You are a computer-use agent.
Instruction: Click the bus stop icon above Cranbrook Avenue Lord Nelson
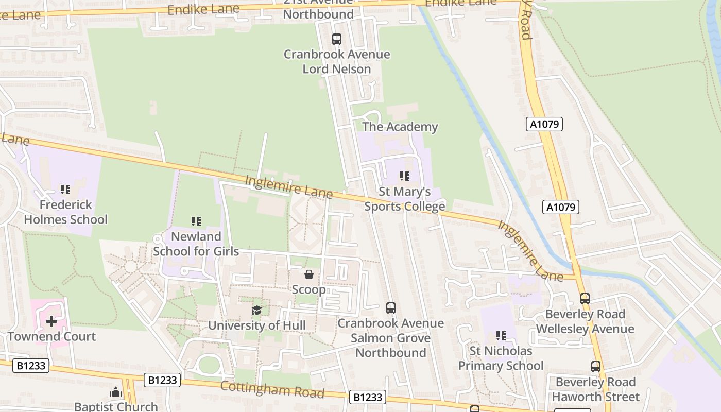pos(336,39)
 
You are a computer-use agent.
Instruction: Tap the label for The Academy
pos(400,127)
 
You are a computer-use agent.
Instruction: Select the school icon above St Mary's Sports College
pos(405,176)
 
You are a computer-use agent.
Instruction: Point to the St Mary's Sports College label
pos(405,199)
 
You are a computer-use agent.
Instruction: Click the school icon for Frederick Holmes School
pos(65,189)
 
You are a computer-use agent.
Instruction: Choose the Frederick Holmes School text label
pos(65,212)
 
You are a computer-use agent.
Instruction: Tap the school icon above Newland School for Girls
pos(196,221)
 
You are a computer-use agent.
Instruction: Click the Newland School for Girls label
pos(196,244)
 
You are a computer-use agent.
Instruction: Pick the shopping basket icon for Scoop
pos(309,274)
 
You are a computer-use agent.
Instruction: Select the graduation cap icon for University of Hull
pos(256,310)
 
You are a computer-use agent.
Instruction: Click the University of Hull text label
pos(256,325)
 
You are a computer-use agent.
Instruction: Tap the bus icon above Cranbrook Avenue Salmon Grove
pos(391,308)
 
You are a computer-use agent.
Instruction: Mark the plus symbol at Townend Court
pos(51,322)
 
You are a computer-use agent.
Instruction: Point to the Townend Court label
pos(51,337)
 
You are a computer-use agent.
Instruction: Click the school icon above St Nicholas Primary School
pos(501,336)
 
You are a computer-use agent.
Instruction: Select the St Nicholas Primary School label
pos(501,358)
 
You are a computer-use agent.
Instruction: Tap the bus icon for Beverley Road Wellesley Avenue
pos(585,299)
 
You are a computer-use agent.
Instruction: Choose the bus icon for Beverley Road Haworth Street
pos(596,367)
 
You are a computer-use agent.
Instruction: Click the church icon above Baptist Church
pos(116,392)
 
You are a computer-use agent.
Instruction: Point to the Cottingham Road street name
pos(272,390)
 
